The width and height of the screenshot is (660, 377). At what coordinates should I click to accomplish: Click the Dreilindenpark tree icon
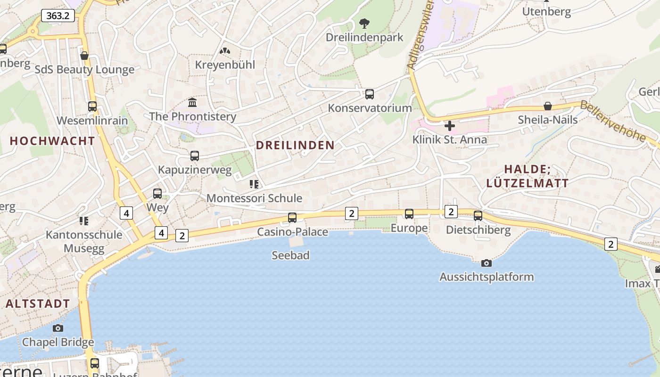click(x=364, y=23)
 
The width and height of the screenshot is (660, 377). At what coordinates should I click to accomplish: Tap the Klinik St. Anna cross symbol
click(x=450, y=126)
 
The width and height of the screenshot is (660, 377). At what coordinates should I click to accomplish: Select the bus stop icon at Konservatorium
click(x=370, y=94)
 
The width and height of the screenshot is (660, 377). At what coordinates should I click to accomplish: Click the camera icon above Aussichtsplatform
click(x=486, y=263)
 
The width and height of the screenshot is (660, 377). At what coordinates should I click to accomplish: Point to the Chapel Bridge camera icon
click(x=58, y=328)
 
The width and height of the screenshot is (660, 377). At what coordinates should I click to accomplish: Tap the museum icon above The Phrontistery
click(x=192, y=102)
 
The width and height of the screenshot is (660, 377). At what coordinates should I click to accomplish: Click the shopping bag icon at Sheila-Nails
click(x=548, y=106)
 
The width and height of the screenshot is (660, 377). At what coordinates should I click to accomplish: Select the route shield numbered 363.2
click(x=58, y=16)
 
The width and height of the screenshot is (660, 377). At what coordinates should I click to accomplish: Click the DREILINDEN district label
click(x=295, y=145)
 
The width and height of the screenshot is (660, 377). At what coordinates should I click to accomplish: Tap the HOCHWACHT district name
click(x=52, y=140)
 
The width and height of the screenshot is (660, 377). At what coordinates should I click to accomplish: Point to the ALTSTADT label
click(x=38, y=303)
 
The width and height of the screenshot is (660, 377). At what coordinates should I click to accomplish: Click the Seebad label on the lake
click(x=290, y=255)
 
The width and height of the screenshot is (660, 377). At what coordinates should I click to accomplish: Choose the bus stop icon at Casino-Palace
click(x=292, y=218)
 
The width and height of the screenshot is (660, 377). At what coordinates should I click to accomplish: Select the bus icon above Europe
click(x=409, y=214)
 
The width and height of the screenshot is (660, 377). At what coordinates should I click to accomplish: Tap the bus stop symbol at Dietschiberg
click(x=478, y=216)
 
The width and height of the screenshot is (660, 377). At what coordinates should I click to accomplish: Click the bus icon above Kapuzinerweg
click(x=195, y=156)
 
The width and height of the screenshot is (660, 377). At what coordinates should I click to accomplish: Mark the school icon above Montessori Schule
click(x=254, y=184)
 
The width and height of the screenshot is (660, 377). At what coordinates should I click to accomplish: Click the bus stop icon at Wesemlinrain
click(x=92, y=107)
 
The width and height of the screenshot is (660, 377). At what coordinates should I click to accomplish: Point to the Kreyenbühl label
click(x=225, y=65)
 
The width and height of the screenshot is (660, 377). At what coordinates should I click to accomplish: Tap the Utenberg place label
click(x=546, y=12)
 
